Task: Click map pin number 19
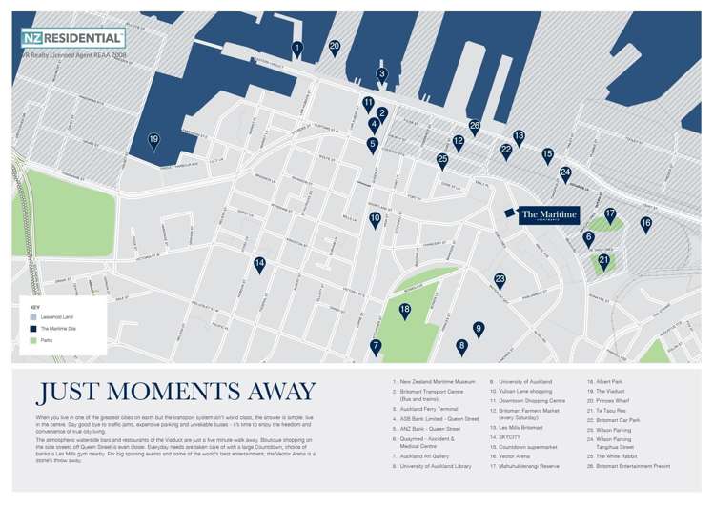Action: [153, 140]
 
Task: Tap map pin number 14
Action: [259, 264]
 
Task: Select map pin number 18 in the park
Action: [405, 310]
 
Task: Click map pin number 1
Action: [297, 48]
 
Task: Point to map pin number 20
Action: [335, 46]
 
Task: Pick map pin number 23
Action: [500, 279]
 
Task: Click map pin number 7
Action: [376, 346]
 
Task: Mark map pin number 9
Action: [479, 329]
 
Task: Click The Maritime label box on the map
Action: [548, 216]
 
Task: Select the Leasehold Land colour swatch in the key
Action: [33, 315]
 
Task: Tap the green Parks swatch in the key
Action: [33, 340]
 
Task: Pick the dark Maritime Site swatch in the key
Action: [33, 328]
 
